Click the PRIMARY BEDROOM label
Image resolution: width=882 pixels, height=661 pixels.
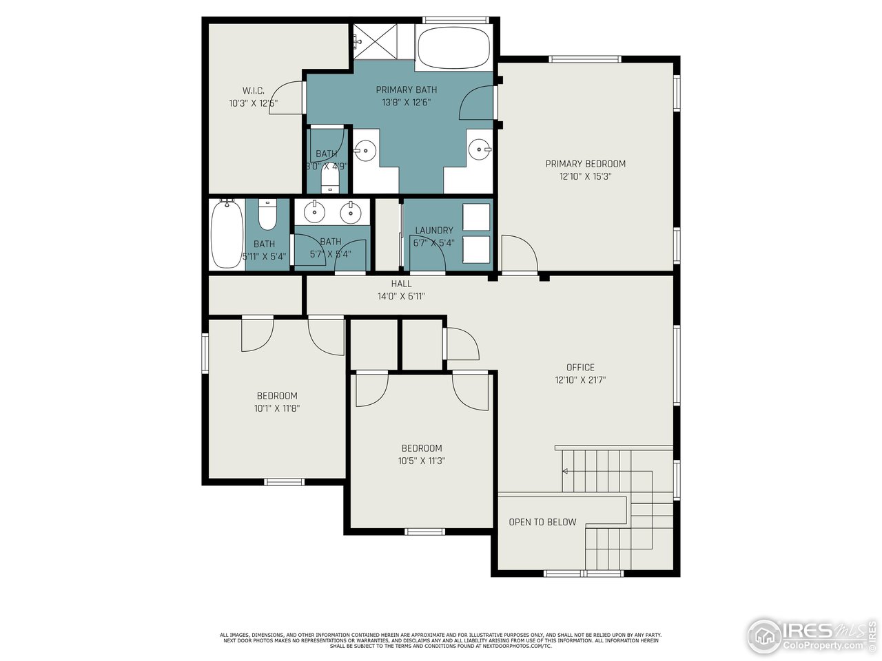pyautogui.click(x=585, y=164)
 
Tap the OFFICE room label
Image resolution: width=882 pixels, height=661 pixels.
pyautogui.click(x=580, y=368)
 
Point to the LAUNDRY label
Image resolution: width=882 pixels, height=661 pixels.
pyautogui.click(x=434, y=231)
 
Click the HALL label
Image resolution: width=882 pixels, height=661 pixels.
pyautogui.click(x=401, y=284)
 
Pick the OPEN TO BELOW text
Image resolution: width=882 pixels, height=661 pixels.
pyautogui.click(x=542, y=522)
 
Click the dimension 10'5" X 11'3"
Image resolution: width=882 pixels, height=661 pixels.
pyautogui.click(x=422, y=461)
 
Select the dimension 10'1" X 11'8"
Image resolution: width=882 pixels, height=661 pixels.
pyautogui.click(x=277, y=408)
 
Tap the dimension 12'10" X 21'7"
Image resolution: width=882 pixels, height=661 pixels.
pyautogui.click(x=580, y=380)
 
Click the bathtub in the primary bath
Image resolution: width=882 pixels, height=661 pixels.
pyautogui.click(x=454, y=47)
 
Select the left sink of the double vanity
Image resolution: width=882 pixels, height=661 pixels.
pyautogui.click(x=315, y=212)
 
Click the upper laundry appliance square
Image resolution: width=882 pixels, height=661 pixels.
pyautogui.click(x=476, y=217)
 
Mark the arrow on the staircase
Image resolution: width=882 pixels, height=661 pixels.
pyautogui.click(x=565, y=472)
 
